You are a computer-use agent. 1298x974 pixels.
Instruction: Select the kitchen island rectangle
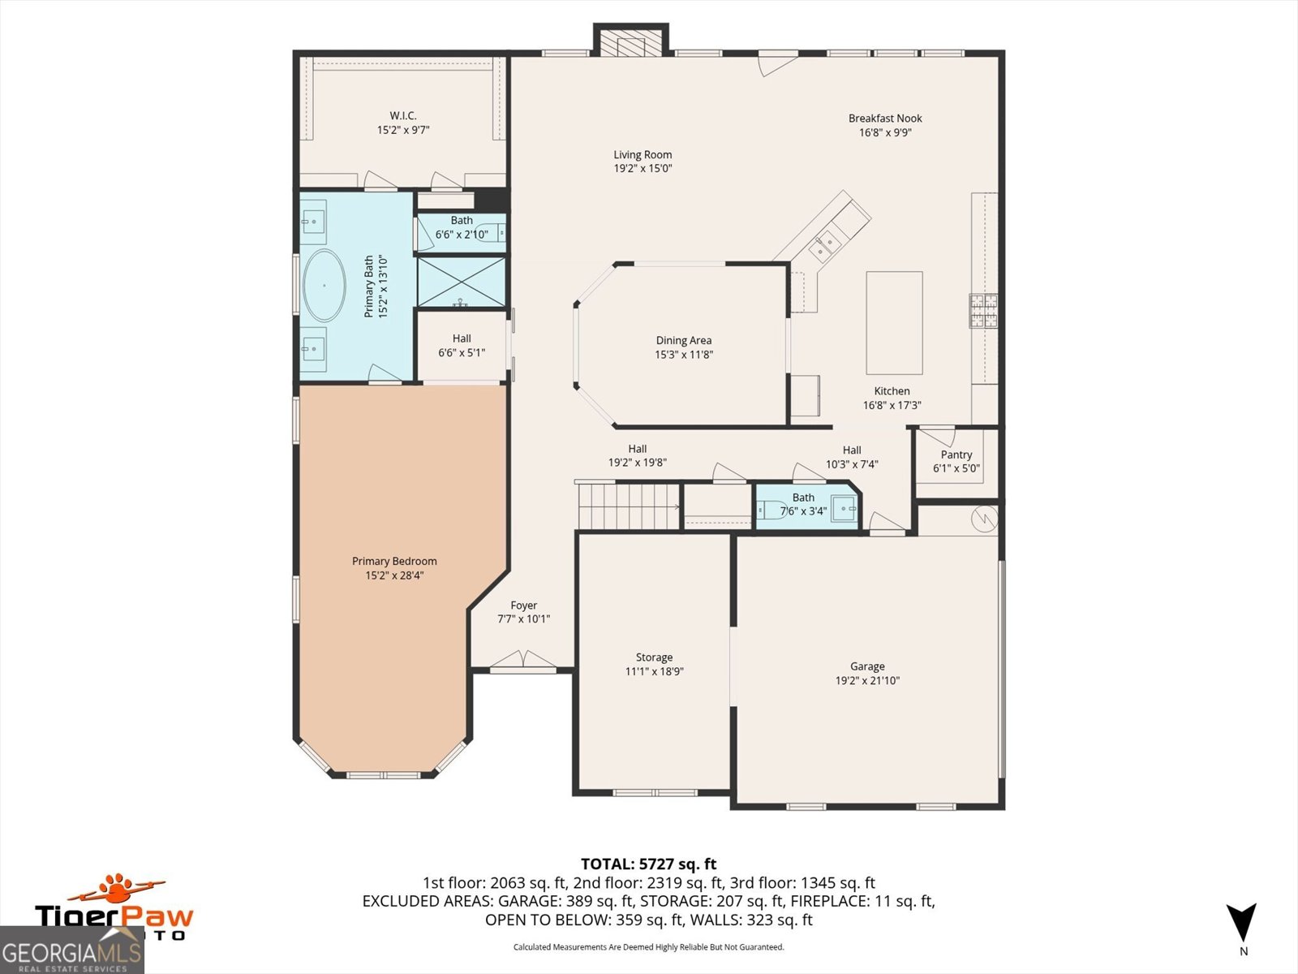tap(894, 322)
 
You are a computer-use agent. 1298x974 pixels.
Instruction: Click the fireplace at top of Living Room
tap(630, 42)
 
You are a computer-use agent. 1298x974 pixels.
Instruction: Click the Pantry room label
tap(956, 455)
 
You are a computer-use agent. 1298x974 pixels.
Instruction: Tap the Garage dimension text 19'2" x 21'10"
tap(867, 680)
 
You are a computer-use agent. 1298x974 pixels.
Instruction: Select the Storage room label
tap(654, 657)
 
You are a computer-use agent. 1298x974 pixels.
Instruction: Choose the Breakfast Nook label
tap(885, 119)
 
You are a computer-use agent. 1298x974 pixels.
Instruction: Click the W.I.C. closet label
tap(402, 116)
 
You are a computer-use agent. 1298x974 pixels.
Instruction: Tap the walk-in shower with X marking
tap(461, 282)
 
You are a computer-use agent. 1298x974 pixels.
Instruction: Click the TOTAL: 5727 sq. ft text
tap(648, 864)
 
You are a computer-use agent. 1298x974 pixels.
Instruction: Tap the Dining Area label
tap(683, 341)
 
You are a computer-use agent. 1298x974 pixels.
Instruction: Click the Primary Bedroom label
tap(394, 561)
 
